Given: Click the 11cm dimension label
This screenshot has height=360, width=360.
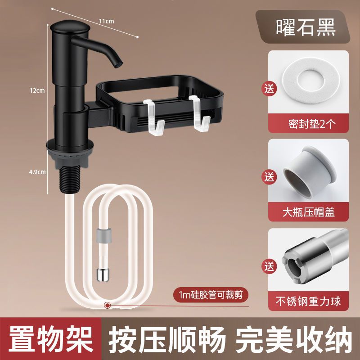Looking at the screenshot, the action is click(107, 21).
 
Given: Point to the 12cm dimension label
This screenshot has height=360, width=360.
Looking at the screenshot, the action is click(37, 90).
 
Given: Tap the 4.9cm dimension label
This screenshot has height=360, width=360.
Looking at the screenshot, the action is click(37, 172).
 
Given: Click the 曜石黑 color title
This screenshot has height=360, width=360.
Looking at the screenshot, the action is click(306, 27).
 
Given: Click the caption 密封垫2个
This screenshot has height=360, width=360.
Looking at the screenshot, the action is click(312, 124).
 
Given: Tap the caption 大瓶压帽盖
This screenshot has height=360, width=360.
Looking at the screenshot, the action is click(309, 212).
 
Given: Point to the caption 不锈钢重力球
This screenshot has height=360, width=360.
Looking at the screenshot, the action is click(308, 301).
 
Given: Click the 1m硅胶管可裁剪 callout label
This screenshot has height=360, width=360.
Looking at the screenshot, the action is click(211, 294).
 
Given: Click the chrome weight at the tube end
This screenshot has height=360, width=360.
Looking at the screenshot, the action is click(103, 274).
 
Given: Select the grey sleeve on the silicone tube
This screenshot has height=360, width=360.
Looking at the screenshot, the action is click(104, 235).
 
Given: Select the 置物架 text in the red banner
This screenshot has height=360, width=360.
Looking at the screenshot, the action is click(51, 339).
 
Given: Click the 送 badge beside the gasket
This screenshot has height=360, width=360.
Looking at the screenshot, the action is click(269, 89).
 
